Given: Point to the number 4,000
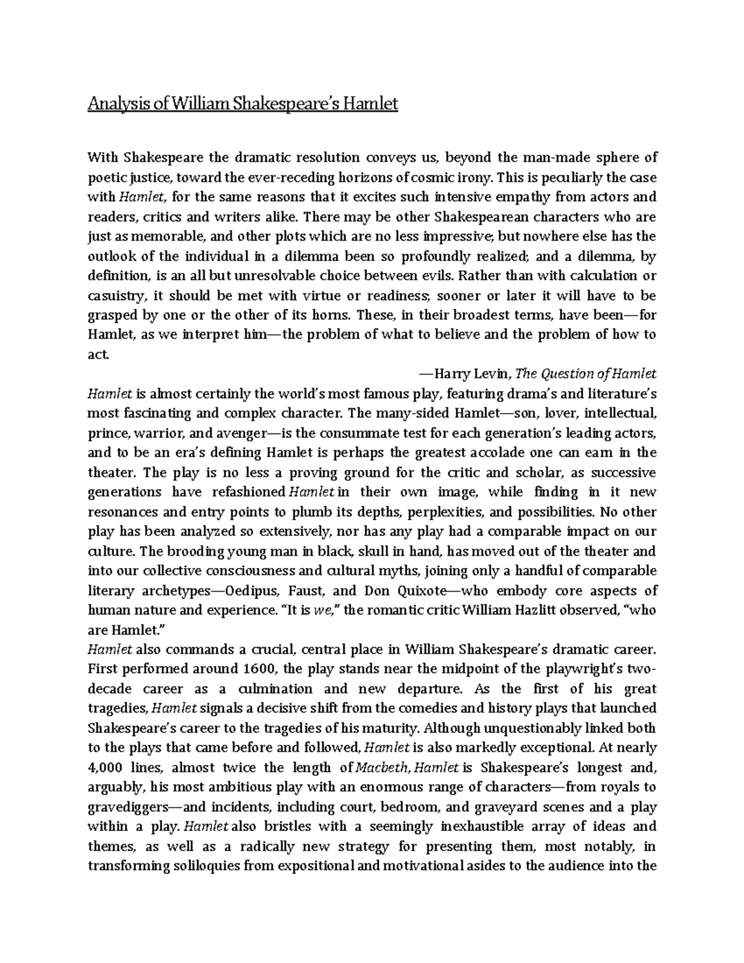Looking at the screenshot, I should [x=105, y=768].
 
